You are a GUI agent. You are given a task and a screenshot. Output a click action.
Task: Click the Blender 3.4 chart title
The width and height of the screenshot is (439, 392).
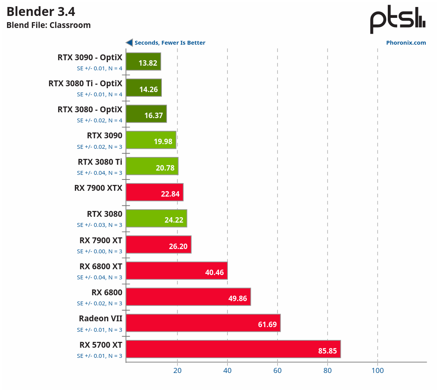click(x=41, y=12)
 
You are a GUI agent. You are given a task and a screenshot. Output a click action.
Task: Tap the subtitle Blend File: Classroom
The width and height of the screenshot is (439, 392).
click(x=49, y=25)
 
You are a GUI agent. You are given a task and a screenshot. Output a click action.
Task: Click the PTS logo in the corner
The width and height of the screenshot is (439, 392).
click(x=397, y=20)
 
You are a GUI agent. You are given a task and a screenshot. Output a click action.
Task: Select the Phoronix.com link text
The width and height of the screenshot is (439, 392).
click(x=406, y=43)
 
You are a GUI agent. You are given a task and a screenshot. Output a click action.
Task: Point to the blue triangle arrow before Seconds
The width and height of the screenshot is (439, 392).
click(x=129, y=43)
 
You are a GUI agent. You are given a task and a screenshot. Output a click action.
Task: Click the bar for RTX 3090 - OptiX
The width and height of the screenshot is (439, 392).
click(x=143, y=61)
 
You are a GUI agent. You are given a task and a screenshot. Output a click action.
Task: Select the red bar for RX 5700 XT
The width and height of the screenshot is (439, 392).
click(x=233, y=349)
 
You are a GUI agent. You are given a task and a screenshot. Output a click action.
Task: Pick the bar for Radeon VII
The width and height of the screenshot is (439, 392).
click(x=203, y=323)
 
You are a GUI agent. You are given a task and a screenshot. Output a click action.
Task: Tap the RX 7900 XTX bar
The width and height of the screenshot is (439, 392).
click(x=154, y=192)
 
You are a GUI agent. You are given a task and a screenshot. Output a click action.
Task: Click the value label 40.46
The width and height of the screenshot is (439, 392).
click(x=214, y=272)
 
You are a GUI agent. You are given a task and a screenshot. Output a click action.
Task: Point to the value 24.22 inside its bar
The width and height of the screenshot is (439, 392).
click(x=174, y=220)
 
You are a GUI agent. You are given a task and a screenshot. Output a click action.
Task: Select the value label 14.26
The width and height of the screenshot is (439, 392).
click(x=149, y=89)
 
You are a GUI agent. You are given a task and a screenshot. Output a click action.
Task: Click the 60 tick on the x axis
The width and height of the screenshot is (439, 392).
click(x=278, y=370)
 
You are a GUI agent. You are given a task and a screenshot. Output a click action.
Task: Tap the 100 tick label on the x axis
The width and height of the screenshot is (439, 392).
click(x=377, y=370)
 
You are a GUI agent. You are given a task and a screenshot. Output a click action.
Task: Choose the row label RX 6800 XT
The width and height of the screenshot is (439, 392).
click(x=101, y=267)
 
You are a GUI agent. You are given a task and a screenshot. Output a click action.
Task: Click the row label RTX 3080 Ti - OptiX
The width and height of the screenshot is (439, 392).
click(x=85, y=84)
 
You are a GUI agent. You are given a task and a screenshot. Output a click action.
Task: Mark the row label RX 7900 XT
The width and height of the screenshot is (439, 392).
click(x=101, y=240)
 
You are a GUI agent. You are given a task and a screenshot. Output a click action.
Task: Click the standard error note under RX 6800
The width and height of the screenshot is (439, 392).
click(x=99, y=303)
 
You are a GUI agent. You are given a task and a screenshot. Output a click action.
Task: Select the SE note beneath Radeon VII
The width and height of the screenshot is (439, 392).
click(x=99, y=330)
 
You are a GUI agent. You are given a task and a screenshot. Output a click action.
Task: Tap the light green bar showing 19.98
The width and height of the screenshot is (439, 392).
click(x=151, y=140)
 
